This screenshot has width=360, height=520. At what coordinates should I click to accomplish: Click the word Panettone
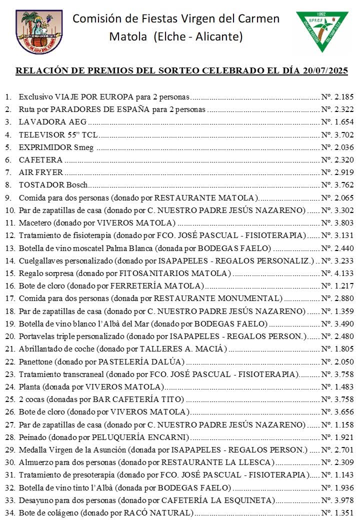point(36,361)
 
